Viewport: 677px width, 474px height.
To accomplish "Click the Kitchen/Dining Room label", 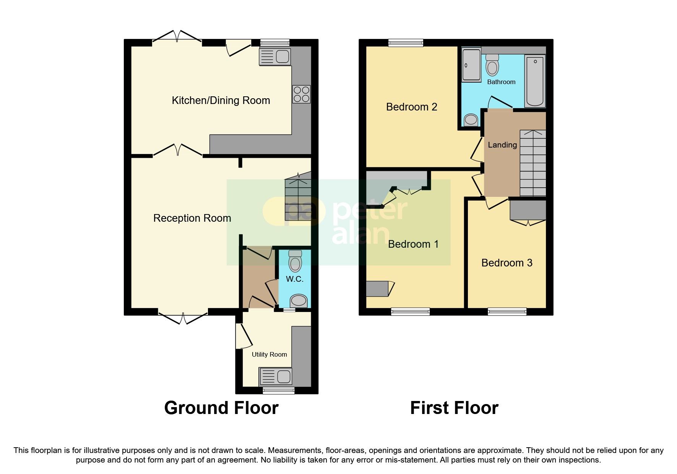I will click(221, 101).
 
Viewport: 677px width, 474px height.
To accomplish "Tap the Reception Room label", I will click(192, 218).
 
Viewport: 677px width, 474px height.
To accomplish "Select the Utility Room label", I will click(269, 354).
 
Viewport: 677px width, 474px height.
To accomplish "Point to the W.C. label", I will click(294, 279).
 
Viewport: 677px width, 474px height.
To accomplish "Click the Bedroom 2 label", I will click(411, 107).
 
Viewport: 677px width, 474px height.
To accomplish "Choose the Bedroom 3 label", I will click(507, 263).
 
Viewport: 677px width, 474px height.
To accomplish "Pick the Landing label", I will click(502, 145).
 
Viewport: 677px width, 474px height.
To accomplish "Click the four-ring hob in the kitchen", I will click(301, 94).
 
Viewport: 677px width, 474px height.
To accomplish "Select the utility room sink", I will click(275, 377).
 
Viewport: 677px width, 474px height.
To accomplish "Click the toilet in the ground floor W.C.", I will click(295, 261).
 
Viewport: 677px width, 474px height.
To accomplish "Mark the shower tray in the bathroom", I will click(471, 65).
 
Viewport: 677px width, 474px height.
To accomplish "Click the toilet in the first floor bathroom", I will click(492, 66).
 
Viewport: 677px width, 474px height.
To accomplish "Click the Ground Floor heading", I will click(221, 408).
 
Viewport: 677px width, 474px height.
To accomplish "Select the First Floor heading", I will click(454, 408).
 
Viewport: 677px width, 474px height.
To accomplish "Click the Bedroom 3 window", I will click(507, 312).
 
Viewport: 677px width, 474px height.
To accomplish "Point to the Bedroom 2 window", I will click(406, 43).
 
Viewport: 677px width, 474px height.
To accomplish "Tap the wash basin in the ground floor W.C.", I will click(298, 301).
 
